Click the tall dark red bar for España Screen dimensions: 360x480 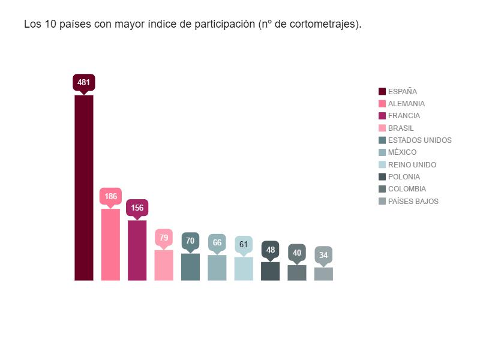[84, 187]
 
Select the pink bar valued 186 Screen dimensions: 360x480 [110, 244]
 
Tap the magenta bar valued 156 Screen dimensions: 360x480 [137, 250]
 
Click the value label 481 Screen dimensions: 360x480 [84, 82]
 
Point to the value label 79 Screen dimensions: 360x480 [164, 238]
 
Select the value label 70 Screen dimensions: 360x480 [190, 241]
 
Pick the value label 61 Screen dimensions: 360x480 [244, 244]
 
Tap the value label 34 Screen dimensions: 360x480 [323, 255]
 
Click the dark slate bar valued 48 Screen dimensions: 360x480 [270, 271]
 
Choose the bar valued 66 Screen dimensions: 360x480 [217, 268]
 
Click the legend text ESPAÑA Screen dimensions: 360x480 [403, 92]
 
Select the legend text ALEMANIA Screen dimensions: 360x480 [406, 104]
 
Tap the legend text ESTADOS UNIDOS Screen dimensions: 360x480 [420, 140]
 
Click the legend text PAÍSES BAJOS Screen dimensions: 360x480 [413, 202]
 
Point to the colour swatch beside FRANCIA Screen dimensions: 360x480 [382, 116]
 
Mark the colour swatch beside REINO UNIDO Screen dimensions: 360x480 [382, 165]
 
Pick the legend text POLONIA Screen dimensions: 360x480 [404, 177]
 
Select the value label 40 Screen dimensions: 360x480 [297, 253]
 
